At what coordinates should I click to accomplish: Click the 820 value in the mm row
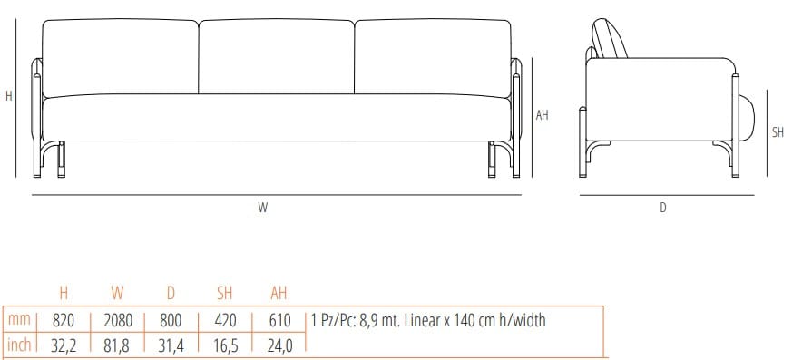pyautogui.click(x=64, y=320)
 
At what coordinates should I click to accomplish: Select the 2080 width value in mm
pyautogui.click(x=117, y=320)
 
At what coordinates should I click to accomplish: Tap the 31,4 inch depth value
pyautogui.click(x=171, y=345)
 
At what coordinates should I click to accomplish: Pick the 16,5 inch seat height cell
pyautogui.click(x=225, y=345)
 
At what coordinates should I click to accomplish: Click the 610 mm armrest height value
pyautogui.click(x=279, y=320)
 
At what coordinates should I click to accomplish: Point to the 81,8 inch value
pyautogui.click(x=117, y=345)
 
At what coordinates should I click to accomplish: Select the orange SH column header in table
pyautogui.click(x=225, y=294)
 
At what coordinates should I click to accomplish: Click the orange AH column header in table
pyautogui.click(x=279, y=294)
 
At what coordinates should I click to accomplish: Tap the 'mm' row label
pyautogui.click(x=18, y=320)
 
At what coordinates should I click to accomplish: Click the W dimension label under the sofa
pyautogui.click(x=263, y=208)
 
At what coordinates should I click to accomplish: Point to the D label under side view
pyautogui.click(x=663, y=208)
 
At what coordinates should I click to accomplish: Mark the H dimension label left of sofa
pyautogui.click(x=9, y=95)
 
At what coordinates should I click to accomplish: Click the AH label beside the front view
pyautogui.click(x=543, y=115)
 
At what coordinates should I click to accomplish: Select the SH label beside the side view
pyautogui.click(x=778, y=132)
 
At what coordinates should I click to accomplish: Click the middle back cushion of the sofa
pyautogui.click(x=276, y=56)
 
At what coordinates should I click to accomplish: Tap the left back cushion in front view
pyautogui.click(x=121, y=56)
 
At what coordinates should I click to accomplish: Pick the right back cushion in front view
pyautogui.click(x=432, y=56)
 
